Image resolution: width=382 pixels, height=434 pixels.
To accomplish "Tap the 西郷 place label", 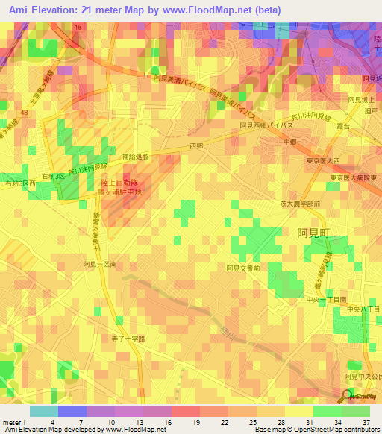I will point(197,146).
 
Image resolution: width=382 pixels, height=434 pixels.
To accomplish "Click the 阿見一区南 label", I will point(100,265).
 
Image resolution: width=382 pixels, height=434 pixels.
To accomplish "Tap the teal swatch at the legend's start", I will point(44,411).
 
